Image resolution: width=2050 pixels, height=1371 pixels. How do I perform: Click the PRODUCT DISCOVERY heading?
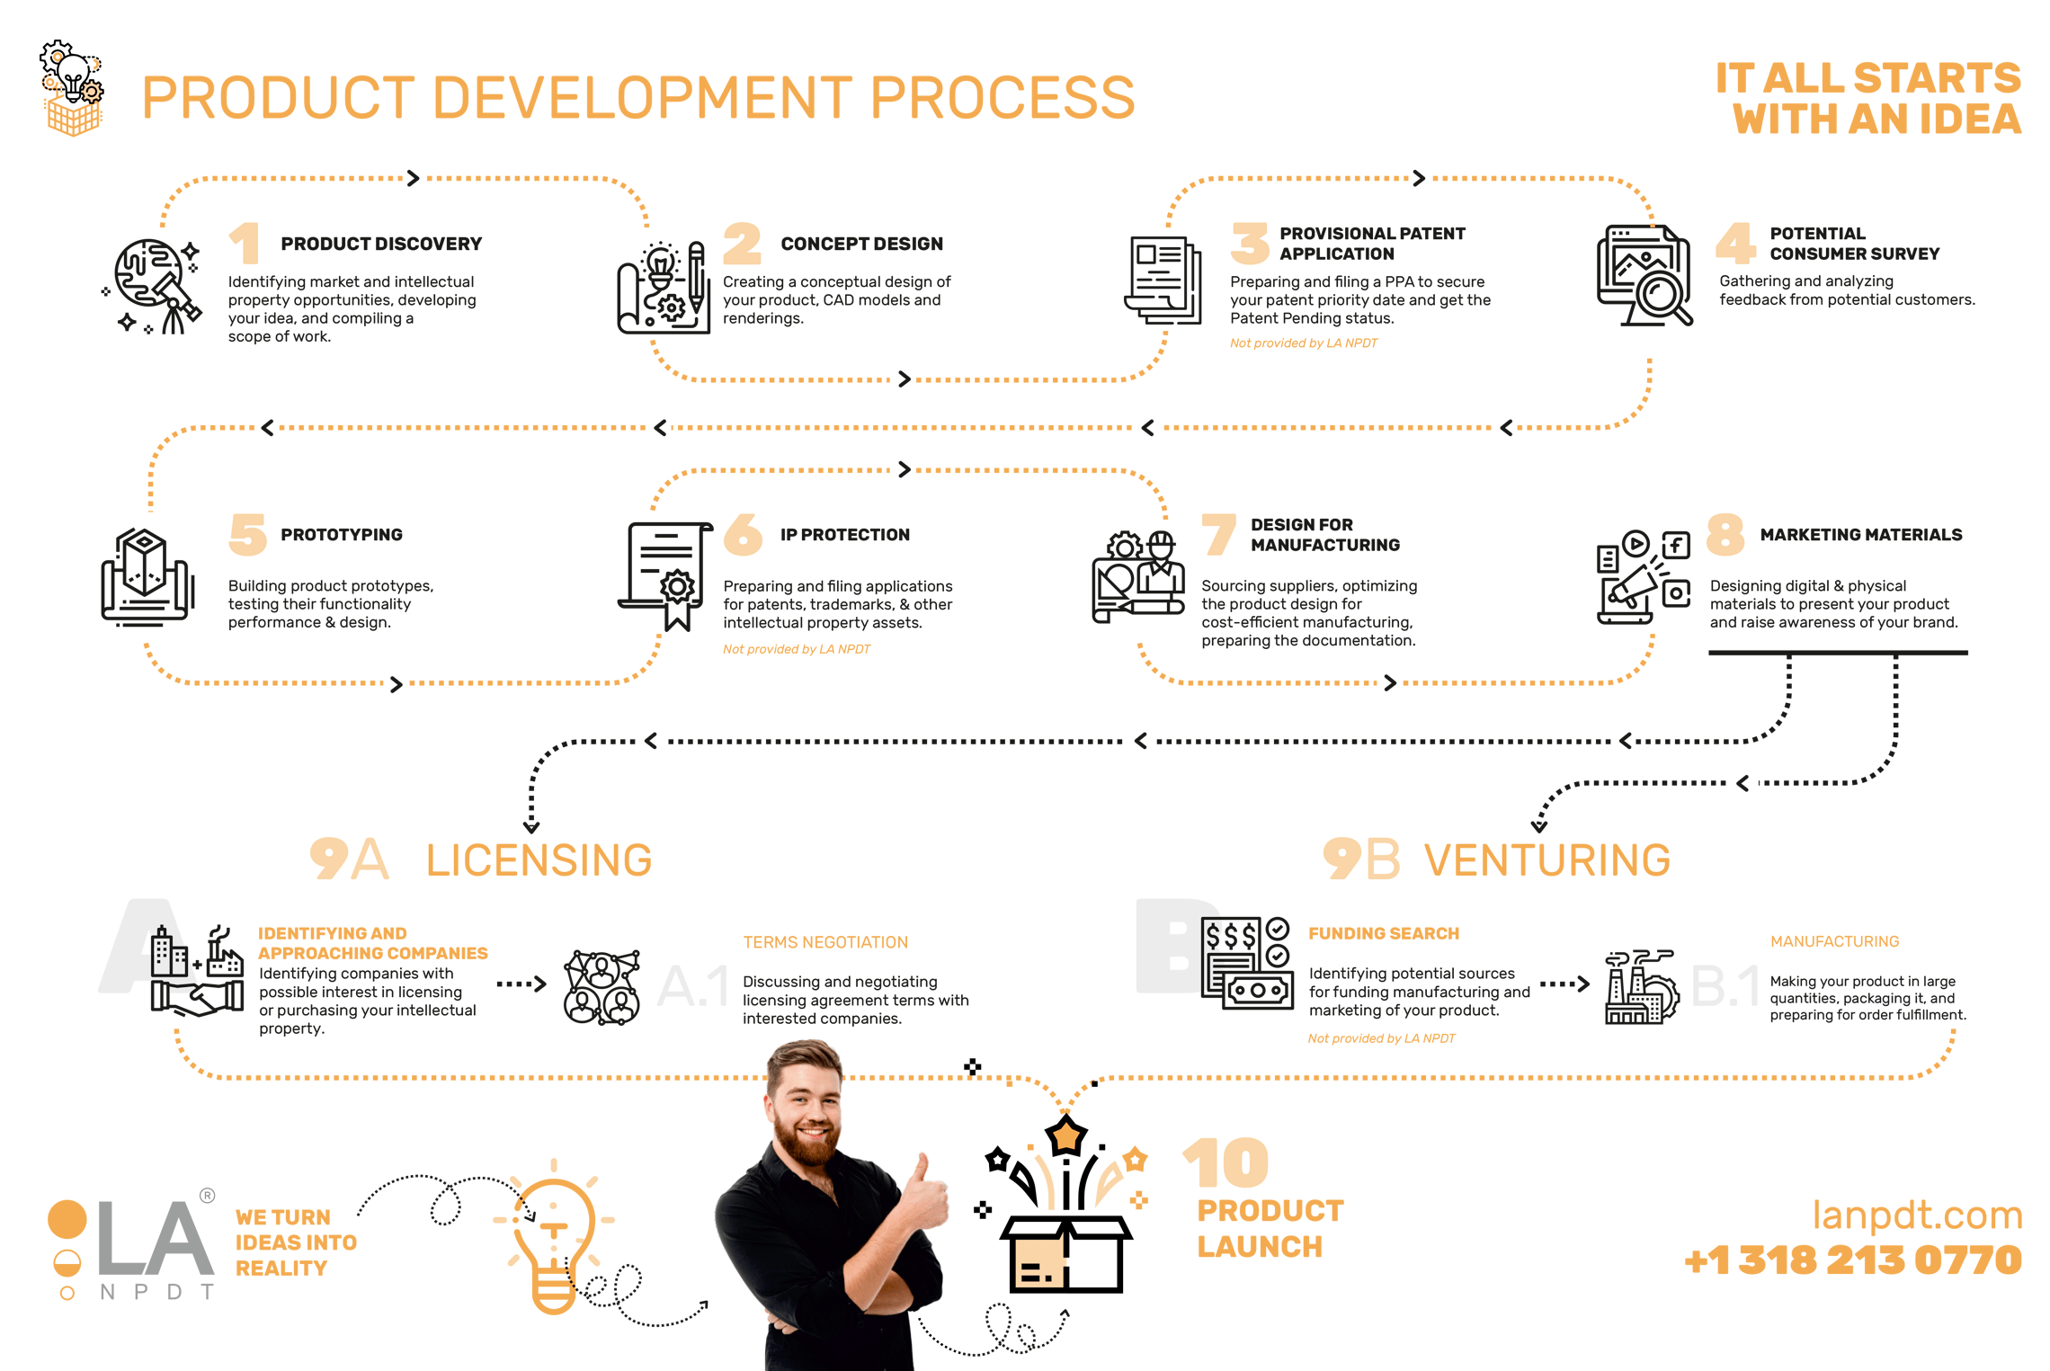pos(381,244)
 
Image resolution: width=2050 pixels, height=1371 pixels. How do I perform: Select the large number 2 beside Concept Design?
pos(742,243)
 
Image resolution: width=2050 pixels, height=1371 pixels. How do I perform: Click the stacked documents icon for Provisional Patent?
pos(1163,280)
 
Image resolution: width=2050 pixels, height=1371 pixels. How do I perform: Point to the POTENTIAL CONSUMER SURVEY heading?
pos(1854,244)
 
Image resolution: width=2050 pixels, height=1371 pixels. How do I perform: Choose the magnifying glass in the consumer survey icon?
pos(1661,295)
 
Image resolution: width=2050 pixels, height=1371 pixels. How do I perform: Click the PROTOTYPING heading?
pos(342,535)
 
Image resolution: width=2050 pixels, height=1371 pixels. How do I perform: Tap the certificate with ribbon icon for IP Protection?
pos(666,574)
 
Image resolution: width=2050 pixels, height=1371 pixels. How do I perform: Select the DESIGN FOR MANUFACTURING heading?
pos(1324,535)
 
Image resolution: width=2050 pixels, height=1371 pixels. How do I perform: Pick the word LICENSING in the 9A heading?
pos(539,860)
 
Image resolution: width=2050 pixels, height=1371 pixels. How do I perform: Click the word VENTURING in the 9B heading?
pos(1546,860)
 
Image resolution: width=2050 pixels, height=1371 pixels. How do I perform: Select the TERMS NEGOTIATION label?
pos(825,942)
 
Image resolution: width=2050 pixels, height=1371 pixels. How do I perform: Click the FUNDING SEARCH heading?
pos(1383,933)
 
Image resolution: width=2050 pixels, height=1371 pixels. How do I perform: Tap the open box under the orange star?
pos(1066,1254)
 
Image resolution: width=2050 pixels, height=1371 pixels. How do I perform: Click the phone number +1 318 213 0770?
pos(1853,1260)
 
